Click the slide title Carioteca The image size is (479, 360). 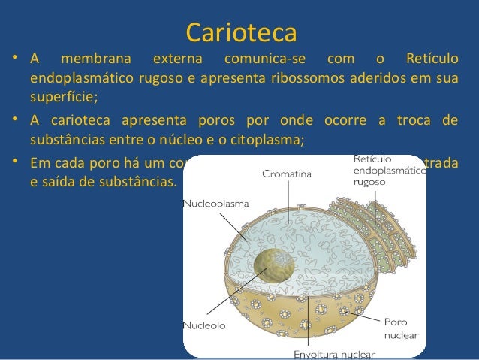[x=240, y=32]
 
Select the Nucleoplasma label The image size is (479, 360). [x=218, y=204]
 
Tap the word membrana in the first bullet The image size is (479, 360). [x=95, y=59]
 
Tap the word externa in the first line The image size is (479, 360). [x=176, y=59]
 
